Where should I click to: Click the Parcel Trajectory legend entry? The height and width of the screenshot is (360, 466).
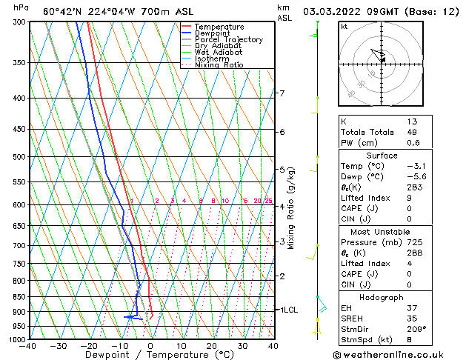click(228, 39)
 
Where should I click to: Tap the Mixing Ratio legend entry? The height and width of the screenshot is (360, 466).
click(219, 65)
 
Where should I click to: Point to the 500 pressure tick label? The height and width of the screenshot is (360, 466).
click(19, 157)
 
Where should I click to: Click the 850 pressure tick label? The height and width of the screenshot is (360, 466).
click(19, 296)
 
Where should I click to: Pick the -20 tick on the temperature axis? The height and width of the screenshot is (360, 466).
click(89, 346)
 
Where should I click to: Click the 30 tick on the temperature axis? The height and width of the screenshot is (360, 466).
click(242, 346)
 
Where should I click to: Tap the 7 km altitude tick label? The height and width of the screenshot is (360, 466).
click(282, 93)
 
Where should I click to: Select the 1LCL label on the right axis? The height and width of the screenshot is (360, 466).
click(287, 310)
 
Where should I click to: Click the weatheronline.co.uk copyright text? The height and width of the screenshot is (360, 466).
click(399, 354)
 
